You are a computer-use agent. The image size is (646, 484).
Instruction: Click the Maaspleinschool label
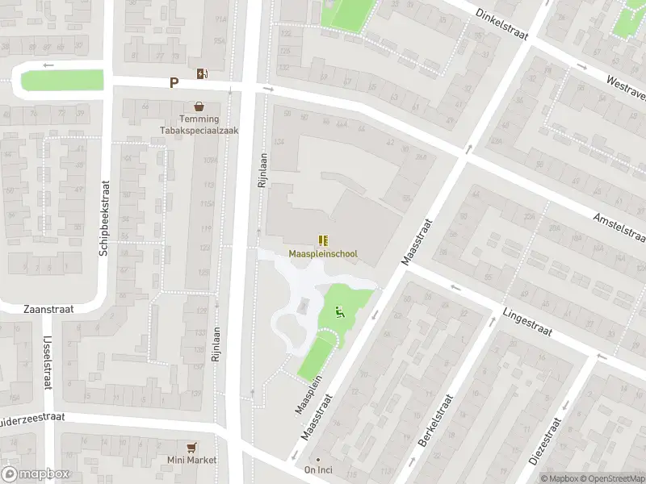323,254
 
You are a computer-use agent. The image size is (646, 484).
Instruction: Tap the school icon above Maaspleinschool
323,240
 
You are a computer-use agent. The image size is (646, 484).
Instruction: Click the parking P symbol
174,82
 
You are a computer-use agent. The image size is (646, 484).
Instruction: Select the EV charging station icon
201,74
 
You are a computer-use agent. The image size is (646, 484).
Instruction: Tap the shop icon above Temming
199,106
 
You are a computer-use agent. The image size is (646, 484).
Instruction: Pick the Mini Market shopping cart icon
191,447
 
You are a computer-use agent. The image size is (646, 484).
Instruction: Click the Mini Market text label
192,461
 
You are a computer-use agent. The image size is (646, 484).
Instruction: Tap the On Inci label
319,470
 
